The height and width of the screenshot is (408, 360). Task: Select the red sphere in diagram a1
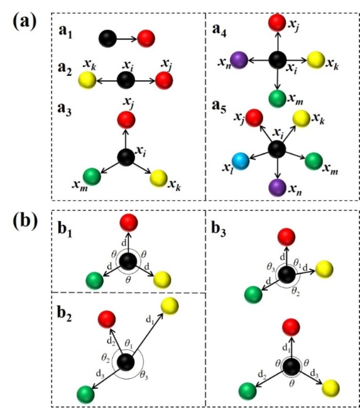(146, 39)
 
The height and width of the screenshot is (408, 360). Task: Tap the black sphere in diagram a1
(107, 39)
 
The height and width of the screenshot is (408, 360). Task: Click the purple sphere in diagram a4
(238, 59)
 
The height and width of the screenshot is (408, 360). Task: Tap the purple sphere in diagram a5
(277, 188)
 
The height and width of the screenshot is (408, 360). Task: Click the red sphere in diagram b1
(128, 223)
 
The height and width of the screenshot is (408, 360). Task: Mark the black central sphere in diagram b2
(125, 362)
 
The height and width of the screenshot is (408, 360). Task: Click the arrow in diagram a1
(126, 39)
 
